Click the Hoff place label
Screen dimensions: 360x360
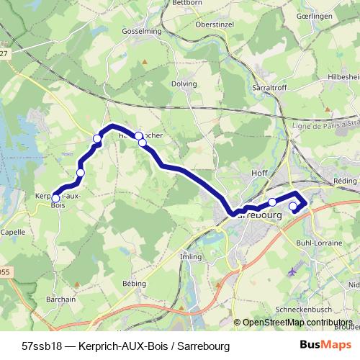coord(260,174)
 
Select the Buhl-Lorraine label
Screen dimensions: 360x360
coord(319,243)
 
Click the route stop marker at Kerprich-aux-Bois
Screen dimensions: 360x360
coord(55,199)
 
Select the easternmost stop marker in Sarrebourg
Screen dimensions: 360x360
coord(293,207)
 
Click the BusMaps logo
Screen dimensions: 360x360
coord(325,346)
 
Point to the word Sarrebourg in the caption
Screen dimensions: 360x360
coord(203,346)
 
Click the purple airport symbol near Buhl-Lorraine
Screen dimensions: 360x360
coord(291,272)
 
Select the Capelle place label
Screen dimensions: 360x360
coord(12,233)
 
